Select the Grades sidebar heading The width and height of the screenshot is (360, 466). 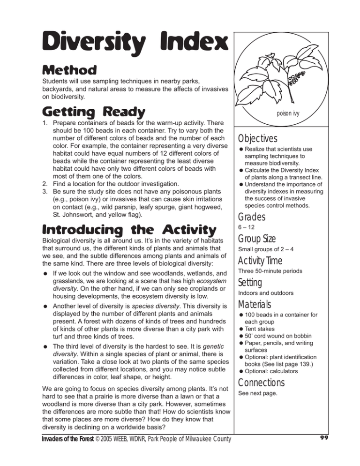point(252,218)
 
